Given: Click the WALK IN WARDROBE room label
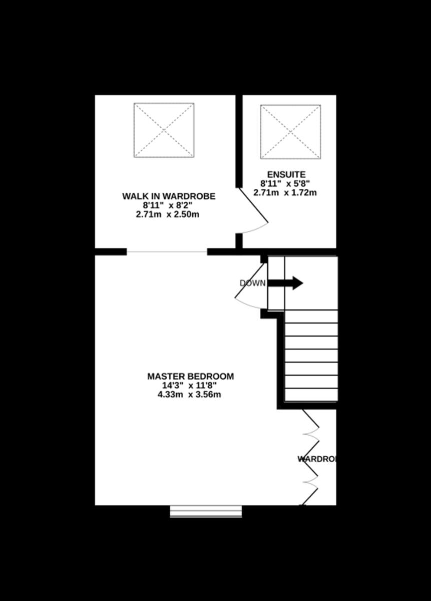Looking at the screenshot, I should pyautogui.click(x=169, y=196).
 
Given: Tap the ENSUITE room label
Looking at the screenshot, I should pyautogui.click(x=286, y=175).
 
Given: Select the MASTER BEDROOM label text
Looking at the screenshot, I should pyautogui.click(x=190, y=377).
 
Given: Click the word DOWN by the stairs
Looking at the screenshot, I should pyautogui.click(x=253, y=283).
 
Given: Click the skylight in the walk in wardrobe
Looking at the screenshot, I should pyautogui.click(x=164, y=130).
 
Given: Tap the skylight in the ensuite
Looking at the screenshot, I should pyautogui.click(x=290, y=132).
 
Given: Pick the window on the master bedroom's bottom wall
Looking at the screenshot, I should pyautogui.click(x=206, y=511).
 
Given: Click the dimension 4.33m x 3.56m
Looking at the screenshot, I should pyautogui.click(x=189, y=395).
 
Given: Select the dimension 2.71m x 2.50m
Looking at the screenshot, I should pyautogui.click(x=168, y=214).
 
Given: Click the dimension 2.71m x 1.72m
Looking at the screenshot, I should pyautogui.click(x=285, y=193).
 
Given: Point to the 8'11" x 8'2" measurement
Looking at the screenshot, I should pyautogui.click(x=168, y=205).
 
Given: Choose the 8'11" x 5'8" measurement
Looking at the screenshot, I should pyautogui.click(x=285, y=184).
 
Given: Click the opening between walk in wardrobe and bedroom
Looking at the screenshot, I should pyautogui.click(x=167, y=252).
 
